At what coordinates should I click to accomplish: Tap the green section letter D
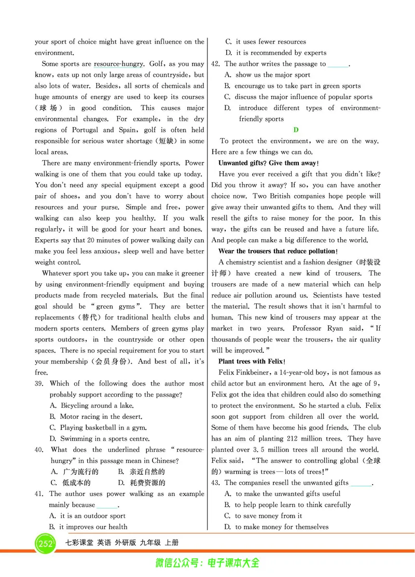click(296, 130)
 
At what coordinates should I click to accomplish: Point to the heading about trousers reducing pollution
click(278, 251)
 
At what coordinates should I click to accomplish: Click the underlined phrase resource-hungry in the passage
click(118, 64)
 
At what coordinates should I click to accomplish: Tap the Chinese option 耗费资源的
click(140, 483)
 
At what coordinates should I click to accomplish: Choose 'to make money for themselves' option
click(281, 527)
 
